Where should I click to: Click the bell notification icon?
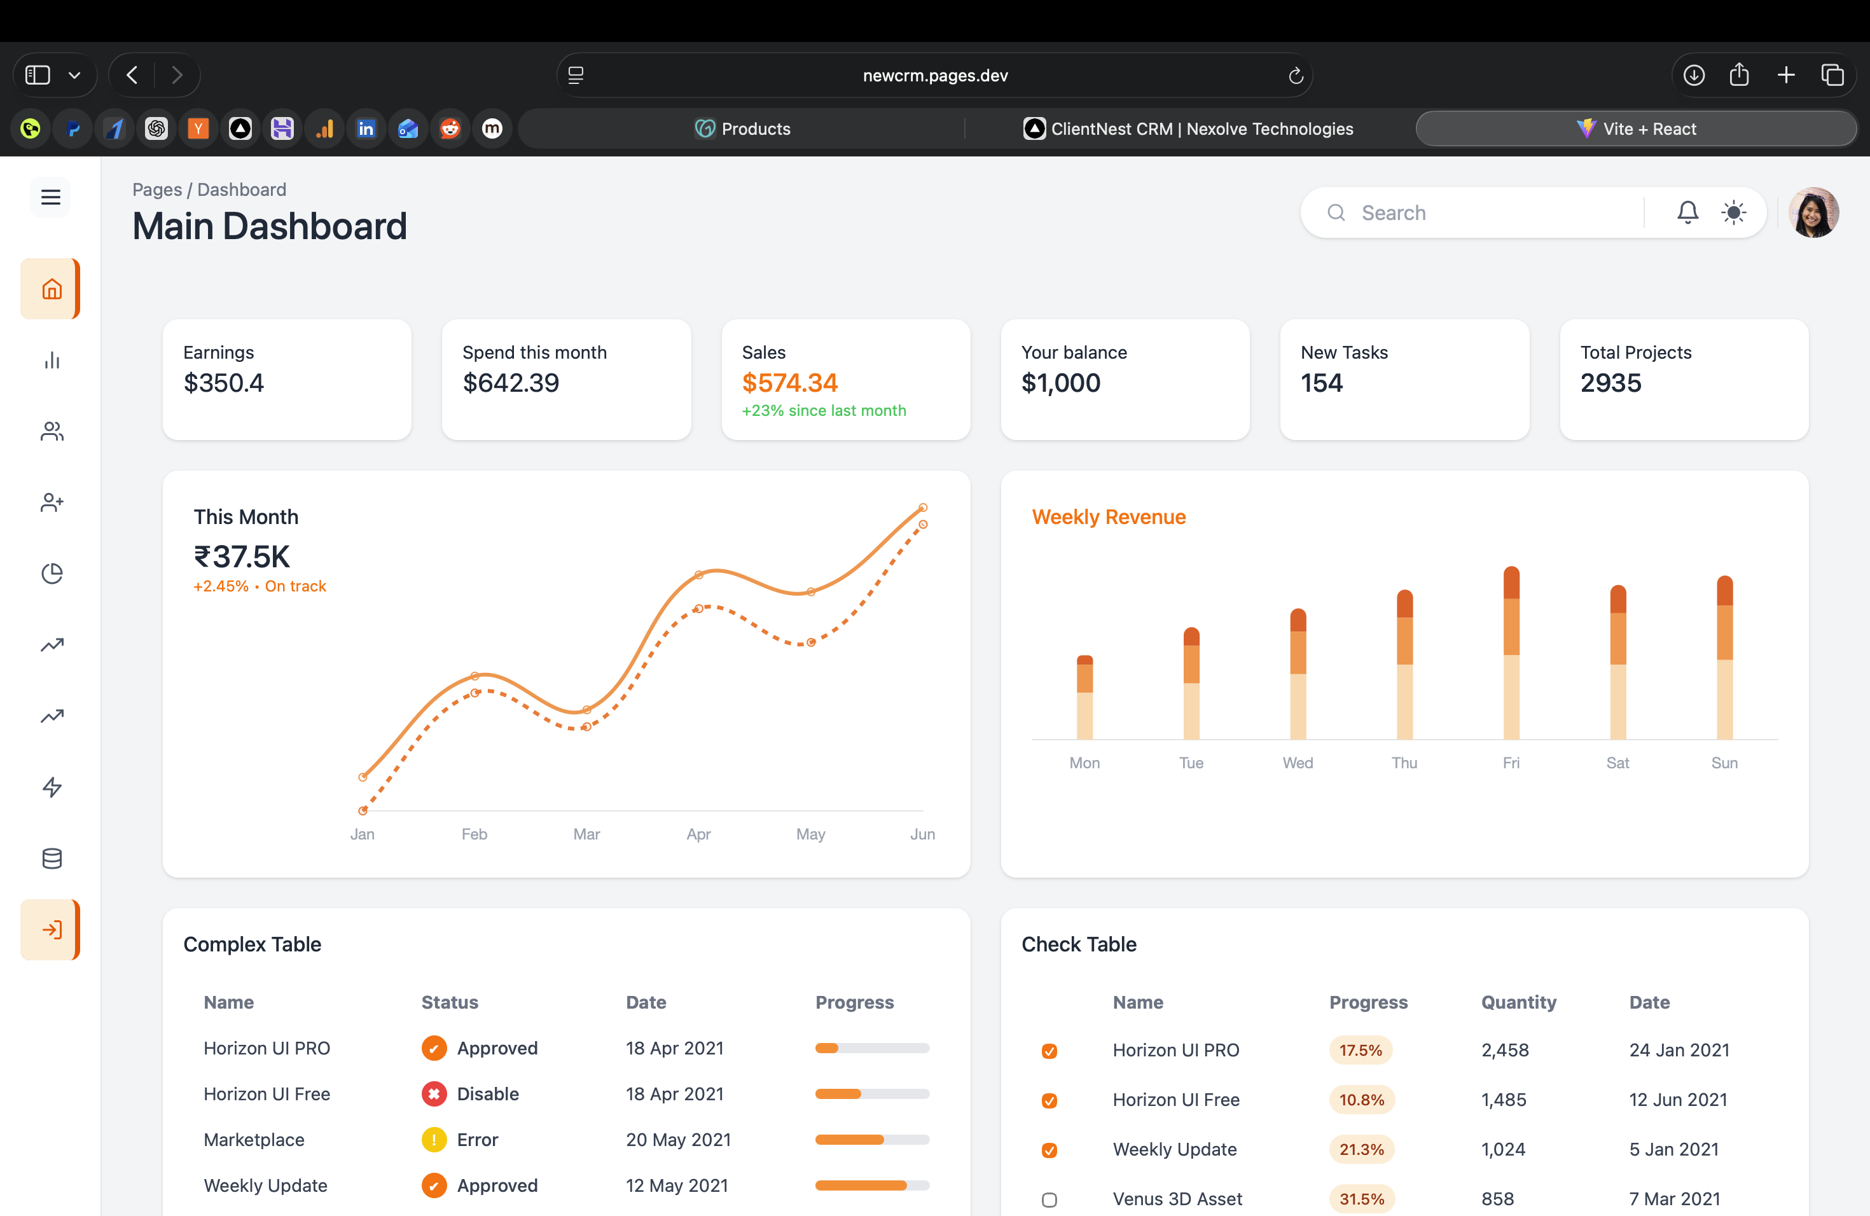pyautogui.click(x=1687, y=212)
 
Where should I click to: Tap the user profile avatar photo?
pyautogui.click(x=1813, y=212)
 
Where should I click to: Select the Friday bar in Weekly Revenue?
pyautogui.click(x=1510, y=652)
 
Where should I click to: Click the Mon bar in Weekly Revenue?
pyautogui.click(x=1084, y=698)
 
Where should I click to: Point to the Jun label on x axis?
pyautogui.click(x=922, y=834)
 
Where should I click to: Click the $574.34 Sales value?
pyautogui.click(x=789, y=383)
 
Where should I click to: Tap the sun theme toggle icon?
pyautogui.click(x=1733, y=212)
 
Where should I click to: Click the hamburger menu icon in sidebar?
pyautogui.click(x=51, y=197)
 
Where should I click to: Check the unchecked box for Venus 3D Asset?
pyautogui.click(x=1049, y=1199)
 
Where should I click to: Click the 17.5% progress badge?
pyautogui.click(x=1360, y=1050)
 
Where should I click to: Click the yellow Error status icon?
pyautogui.click(x=434, y=1140)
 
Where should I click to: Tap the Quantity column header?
pyautogui.click(x=1518, y=1002)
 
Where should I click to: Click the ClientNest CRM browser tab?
pyautogui.click(x=1188, y=129)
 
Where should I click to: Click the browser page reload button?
pyautogui.click(x=1296, y=76)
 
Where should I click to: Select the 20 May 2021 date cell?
pyautogui.click(x=678, y=1140)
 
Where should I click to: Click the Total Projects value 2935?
pyautogui.click(x=1610, y=383)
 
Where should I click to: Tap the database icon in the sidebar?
pyautogui.click(x=52, y=859)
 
